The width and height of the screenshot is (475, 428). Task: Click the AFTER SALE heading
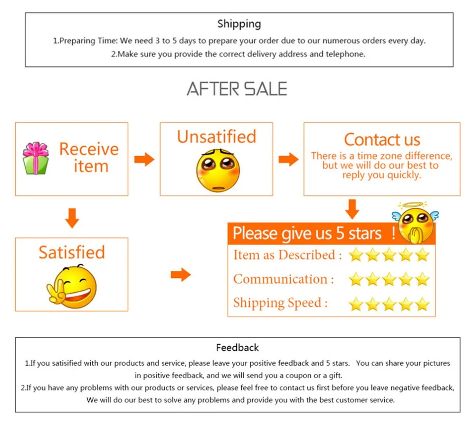pos(237,89)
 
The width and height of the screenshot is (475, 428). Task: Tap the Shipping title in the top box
pos(239,24)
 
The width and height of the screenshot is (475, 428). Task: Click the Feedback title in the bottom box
pos(237,348)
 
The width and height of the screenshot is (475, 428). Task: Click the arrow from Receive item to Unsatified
pos(144,159)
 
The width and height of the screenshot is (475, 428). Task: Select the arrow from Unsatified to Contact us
pos(288,159)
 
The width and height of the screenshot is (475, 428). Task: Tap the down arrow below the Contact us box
pos(352,209)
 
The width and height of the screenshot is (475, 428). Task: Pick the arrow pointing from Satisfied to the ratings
pos(180,275)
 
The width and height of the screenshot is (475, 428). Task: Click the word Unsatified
pos(217,137)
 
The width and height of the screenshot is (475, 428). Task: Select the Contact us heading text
pos(382,140)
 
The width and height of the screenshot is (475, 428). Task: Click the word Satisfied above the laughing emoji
pos(72,252)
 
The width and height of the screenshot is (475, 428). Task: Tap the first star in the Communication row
pos(356,279)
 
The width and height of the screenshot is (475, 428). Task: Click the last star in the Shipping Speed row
pos(422,304)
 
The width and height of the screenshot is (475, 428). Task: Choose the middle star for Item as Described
pos(389,255)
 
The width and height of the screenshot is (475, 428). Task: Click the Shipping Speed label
pos(280,303)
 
